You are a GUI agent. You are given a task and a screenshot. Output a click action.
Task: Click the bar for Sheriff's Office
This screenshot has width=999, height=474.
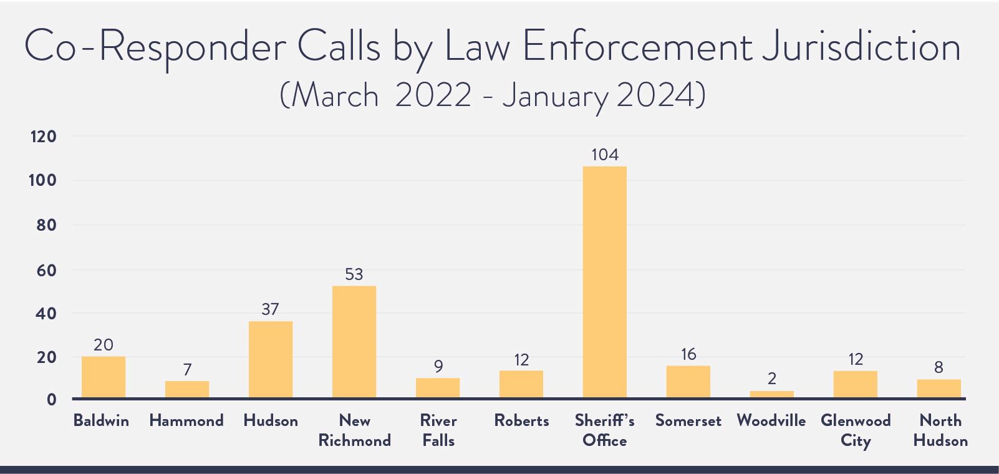coord(604,282)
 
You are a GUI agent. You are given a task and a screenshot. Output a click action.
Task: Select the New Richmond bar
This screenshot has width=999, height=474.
coord(354,342)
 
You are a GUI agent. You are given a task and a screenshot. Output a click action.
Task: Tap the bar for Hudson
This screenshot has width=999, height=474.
coord(270,359)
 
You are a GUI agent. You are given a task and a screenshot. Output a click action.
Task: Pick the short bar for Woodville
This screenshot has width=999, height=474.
coord(771,395)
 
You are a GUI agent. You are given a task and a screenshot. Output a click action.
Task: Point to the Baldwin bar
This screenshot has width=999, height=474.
coord(103,377)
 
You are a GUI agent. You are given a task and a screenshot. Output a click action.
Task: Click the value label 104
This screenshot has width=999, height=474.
coord(604,155)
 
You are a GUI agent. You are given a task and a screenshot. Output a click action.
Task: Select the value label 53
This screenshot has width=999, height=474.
coord(354,274)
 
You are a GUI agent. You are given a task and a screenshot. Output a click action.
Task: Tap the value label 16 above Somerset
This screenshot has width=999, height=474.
coord(688,354)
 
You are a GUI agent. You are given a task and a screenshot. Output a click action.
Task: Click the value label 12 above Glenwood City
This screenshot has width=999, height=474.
coord(855,359)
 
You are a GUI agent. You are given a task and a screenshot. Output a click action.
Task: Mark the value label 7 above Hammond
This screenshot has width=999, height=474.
coord(187,370)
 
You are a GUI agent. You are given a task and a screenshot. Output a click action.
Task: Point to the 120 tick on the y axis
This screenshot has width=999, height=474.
coord(43,137)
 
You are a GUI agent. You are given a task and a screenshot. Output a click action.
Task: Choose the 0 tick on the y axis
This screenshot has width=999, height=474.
coord(51,400)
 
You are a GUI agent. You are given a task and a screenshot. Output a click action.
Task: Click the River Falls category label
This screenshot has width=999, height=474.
coord(438,430)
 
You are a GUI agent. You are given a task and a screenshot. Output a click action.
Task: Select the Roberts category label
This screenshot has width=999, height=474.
coord(521,421)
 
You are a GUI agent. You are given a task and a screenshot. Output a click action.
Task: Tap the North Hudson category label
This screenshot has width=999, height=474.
coord(940,430)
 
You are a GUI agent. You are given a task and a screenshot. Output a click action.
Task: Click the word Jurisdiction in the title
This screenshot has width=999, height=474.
coord(861,48)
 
